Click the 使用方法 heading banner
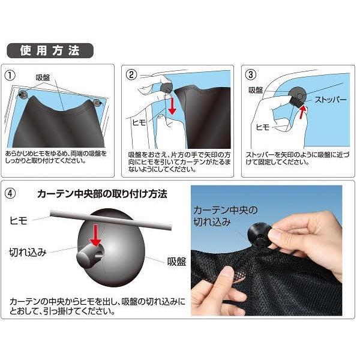(x=50, y=50)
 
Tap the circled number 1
(x=10, y=76)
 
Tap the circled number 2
(x=131, y=75)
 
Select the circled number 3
(x=251, y=74)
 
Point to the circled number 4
(x=10, y=193)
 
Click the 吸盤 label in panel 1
(x=43, y=77)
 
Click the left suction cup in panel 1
(x=23, y=94)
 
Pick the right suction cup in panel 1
(x=97, y=103)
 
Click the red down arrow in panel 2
(x=172, y=106)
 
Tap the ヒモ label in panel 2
(x=139, y=122)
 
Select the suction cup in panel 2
(x=166, y=88)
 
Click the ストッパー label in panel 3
(x=331, y=100)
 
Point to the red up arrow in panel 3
(x=303, y=112)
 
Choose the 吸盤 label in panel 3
(x=256, y=90)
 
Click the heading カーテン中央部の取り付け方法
(x=102, y=194)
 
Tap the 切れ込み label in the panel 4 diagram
(x=28, y=252)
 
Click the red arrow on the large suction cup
(x=95, y=235)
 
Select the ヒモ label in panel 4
(x=19, y=221)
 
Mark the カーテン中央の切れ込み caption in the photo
(x=226, y=216)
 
